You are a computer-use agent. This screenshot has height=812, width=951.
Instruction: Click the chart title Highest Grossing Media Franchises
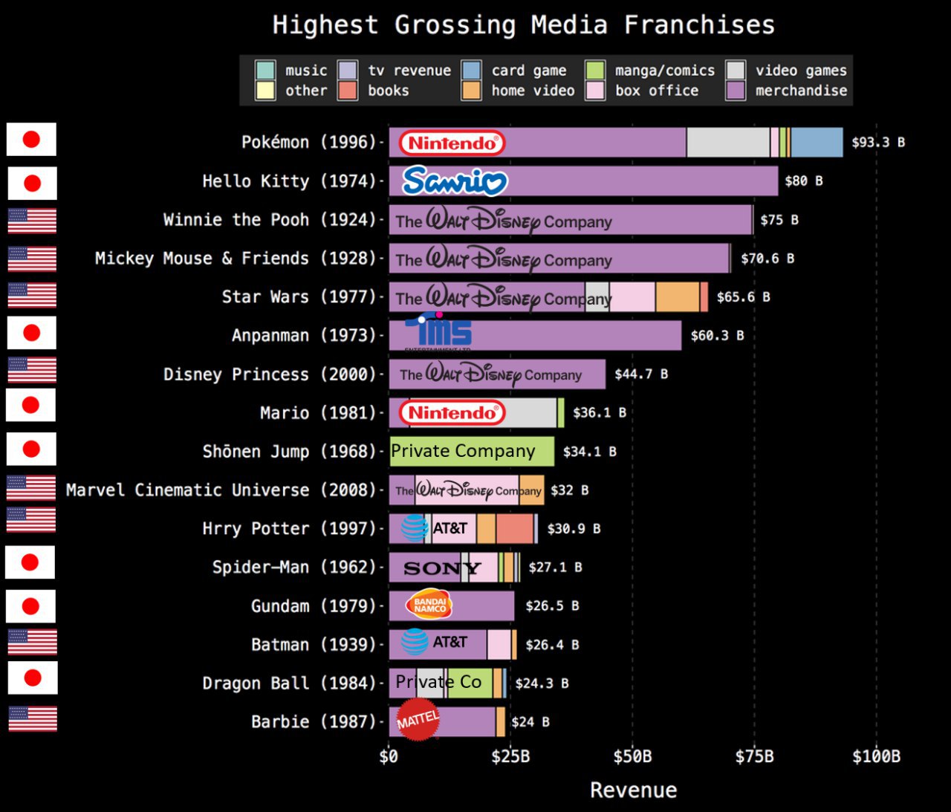pos(523,25)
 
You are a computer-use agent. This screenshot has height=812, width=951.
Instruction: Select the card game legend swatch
pos(471,71)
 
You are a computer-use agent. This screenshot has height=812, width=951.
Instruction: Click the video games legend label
pos(801,71)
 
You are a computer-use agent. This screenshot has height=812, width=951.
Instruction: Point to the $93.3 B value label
pos(878,142)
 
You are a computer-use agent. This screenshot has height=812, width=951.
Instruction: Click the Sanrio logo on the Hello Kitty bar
pos(455,181)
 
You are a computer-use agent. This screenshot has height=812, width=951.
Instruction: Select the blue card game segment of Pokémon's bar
pos(817,142)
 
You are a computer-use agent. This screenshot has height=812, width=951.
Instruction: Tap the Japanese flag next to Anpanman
pos(31,332)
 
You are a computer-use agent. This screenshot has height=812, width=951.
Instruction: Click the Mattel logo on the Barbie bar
pos(418,720)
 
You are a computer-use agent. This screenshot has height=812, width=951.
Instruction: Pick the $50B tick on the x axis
pos(632,757)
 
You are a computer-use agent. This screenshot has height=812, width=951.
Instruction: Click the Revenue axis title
pos(633,790)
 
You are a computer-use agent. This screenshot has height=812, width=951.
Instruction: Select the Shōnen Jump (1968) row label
pos(289,452)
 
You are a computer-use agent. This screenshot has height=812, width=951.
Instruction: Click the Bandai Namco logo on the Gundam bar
pos(429,605)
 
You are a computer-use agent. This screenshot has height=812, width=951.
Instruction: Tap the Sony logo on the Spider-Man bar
pos(441,568)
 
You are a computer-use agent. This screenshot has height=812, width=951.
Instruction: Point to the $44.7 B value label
pos(640,374)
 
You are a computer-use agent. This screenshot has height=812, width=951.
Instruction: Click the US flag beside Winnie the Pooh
pos(32,221)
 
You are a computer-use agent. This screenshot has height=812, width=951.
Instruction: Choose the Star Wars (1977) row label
pos(299,297)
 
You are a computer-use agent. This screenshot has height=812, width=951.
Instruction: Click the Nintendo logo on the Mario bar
pos(452,413)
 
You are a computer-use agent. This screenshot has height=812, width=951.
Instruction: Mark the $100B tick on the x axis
pos(876,757)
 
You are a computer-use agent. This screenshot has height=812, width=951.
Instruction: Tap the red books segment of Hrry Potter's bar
pos(514,528)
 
